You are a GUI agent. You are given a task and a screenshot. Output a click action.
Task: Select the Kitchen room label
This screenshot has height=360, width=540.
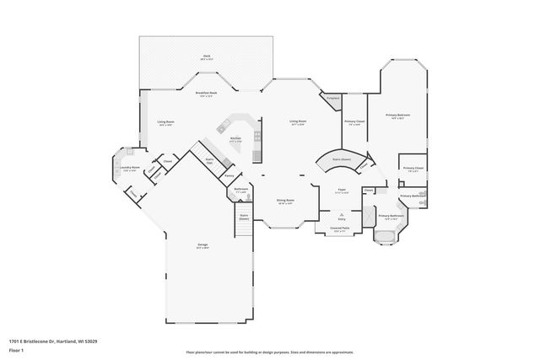pyautogui.click(x=235, y=139)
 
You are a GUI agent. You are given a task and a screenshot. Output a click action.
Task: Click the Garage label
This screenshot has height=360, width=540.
pyautogui.click(x=202, y=247)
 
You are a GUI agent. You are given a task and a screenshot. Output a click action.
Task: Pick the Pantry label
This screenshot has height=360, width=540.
pyautogui.click(x=229, y=175)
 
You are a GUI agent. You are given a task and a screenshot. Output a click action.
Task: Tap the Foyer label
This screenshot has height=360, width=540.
pyautogui.click(x=342, y=191)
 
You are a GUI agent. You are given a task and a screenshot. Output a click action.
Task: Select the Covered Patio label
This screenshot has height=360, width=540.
pyautogui.click(x=342, y=228)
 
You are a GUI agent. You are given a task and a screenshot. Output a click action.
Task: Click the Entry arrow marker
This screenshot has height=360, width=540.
pyautogui.click(x=342, y=215)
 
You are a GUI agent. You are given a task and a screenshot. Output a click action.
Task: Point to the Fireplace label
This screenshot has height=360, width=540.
pyautogui.click(x=333, y=99)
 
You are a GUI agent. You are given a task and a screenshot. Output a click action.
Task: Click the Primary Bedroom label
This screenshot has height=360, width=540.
pyautogui.click(x=397, y=116)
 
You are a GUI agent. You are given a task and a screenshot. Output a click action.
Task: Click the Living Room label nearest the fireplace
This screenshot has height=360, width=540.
pyautogui.click(x=298, y=122)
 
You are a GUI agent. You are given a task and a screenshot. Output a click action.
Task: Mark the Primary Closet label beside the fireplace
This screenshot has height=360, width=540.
pyautogui.click(x=354, y=123)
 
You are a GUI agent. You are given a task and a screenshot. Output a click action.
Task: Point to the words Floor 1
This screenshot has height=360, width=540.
pyautogui.click(x=16, y=351)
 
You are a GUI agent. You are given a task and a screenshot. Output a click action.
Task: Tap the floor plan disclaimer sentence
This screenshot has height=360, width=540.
pyautogui.click(x=270, y=352)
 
